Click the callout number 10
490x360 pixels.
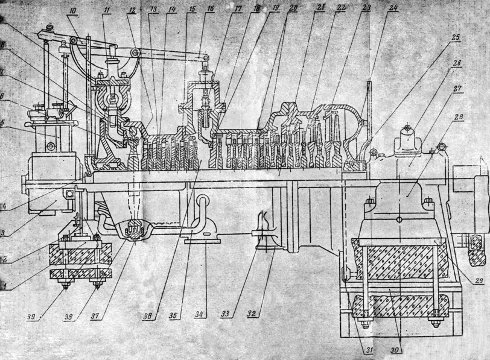tap(72, 11)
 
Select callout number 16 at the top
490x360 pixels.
tap(210, 10)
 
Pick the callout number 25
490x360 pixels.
tap(454, 37)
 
